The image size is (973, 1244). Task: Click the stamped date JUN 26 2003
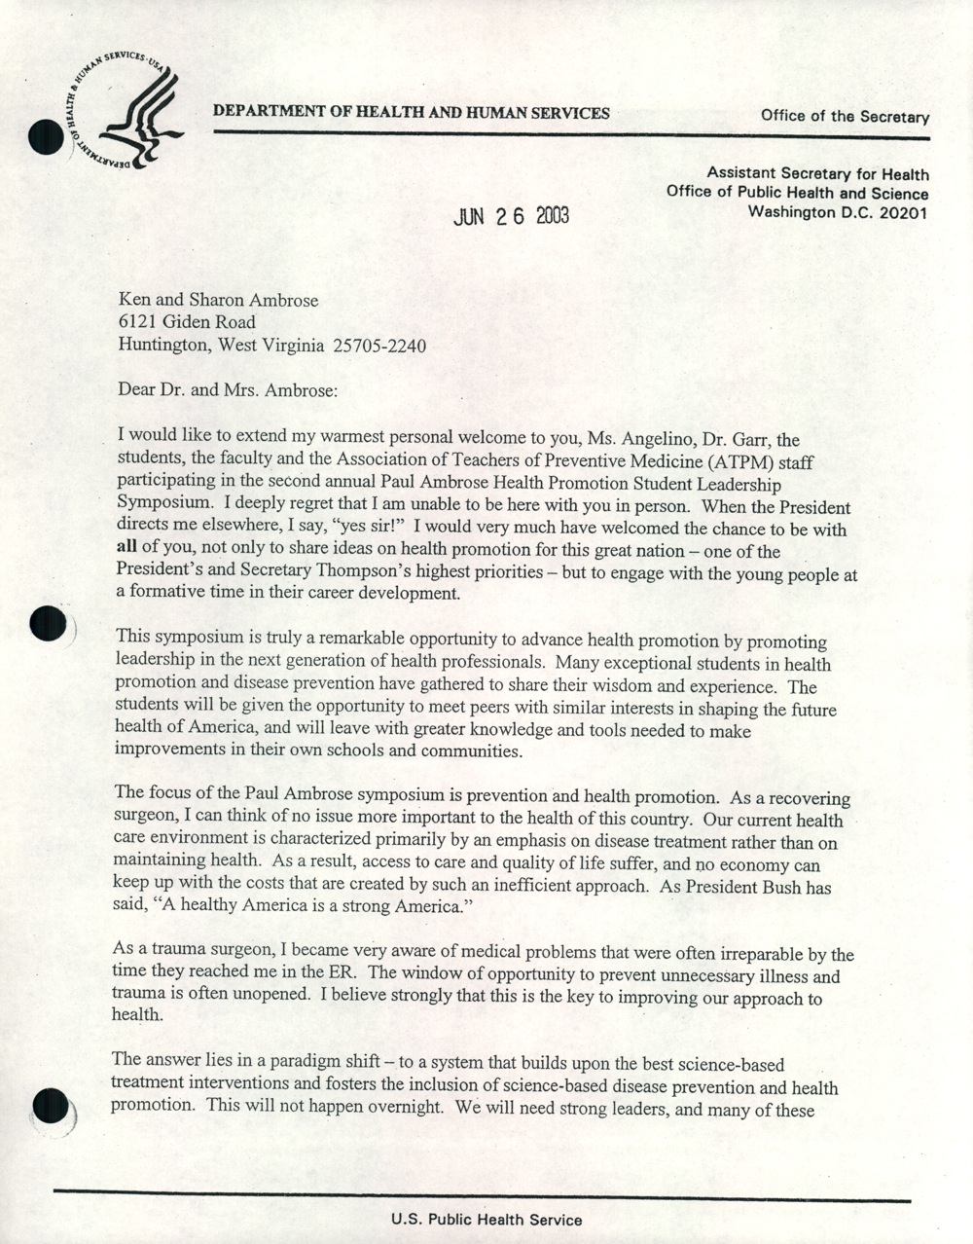click(511, 216)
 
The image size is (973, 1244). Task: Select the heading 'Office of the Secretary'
click(845, 117)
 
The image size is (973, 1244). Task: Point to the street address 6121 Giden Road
click(187, 322)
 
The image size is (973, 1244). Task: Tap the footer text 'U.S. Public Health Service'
click(486, 1219)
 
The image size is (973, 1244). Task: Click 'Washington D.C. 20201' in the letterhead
click(838, 211)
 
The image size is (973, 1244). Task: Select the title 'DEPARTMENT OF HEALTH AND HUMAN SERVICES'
click(412, 113)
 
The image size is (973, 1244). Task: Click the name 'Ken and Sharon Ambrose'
click(218, 301)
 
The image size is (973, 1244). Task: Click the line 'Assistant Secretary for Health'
click(817, 174)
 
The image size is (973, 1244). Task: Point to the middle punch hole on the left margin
click(48, 623)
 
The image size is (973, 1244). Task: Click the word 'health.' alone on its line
click(137, 1015)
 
